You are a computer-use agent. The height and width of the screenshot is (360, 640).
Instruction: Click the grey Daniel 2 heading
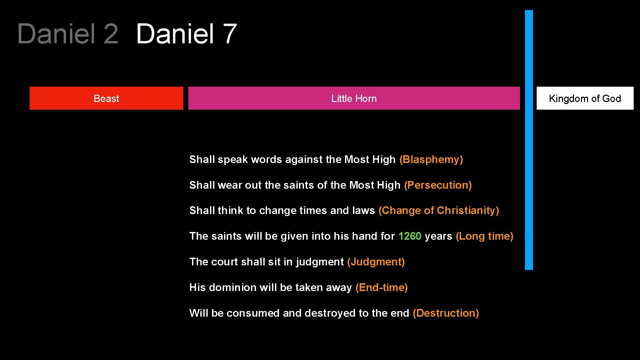pos(68,34)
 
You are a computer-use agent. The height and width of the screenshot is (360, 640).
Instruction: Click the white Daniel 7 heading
pos(186,34)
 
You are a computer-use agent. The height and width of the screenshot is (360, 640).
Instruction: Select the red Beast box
pos(106,98)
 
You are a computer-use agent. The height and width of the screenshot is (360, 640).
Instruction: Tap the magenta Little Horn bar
pos(354,98)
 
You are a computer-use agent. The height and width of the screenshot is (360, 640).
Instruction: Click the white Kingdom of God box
pos(585,98)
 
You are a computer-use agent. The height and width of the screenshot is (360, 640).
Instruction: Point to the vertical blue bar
pos(529,140)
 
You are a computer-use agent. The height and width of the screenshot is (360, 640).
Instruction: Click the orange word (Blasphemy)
pos(431,160)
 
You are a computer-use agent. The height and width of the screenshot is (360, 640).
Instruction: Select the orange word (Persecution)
pos(438,185)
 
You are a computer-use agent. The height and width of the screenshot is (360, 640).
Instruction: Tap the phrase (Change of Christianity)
pos(438,211)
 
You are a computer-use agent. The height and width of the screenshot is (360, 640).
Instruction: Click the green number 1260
pos(410,236)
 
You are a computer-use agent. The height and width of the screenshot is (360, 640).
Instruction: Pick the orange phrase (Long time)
pos(484,236)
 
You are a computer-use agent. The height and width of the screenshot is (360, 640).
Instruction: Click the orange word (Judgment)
pos(376,262)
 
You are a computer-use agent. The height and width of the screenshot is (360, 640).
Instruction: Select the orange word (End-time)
pos(381,288)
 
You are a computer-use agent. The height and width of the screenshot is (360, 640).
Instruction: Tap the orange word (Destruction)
pos(446,313)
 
